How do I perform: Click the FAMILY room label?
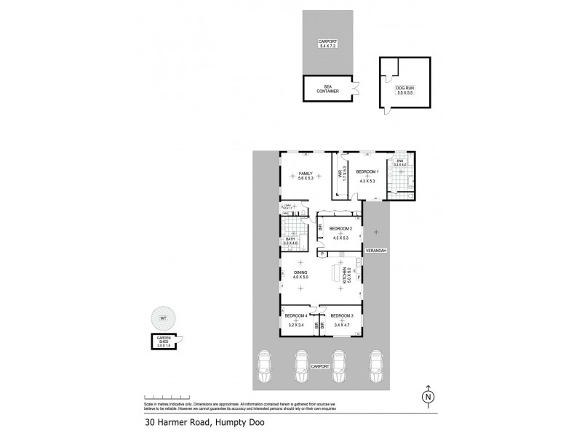[x=296, y=174]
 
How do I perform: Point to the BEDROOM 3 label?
[x=341, y=315]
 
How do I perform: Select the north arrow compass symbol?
[x=429, y=396]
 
